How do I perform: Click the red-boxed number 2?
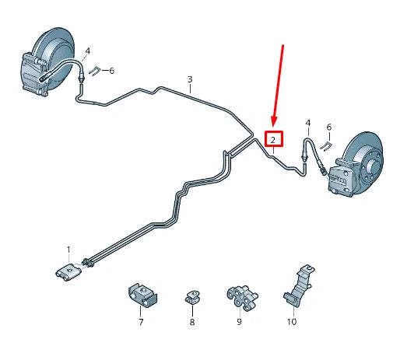tap(274, 140)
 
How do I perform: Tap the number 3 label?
tap(189, 79)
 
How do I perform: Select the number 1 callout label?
tap(68, 250)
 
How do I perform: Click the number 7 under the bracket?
tap(141, 321)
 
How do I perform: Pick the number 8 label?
tap(191, 321)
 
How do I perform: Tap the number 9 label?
tap(240, 321)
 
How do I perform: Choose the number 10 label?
tap(292, 321)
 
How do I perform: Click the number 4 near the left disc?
tap(87, 51)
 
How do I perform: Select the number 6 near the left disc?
tap(111, 71)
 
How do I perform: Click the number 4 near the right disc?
tap(307, 123)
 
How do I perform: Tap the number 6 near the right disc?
tap(328, 127)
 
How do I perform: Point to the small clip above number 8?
tap(191, 296)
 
